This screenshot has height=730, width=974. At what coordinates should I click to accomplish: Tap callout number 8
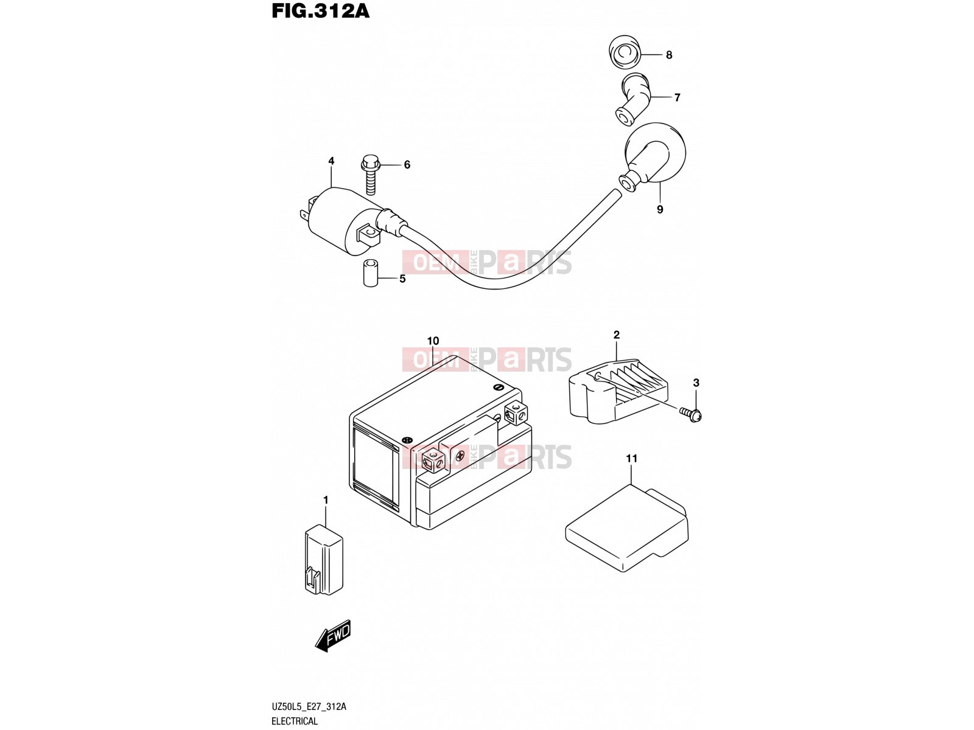click(x=669, y=55)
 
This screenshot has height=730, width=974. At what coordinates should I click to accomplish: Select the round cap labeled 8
click(x=625, y=52)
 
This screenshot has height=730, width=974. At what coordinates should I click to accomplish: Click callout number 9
click(x=660, y=209)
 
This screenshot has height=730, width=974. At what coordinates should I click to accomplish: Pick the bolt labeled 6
click(x=371, y=175)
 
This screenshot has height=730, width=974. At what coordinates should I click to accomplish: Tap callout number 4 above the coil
click(x=331, y=161)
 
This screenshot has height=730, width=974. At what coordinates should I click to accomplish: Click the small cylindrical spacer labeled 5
click(x=371, y=273)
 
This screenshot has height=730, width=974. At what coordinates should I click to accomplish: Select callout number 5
click(x=402, y=279)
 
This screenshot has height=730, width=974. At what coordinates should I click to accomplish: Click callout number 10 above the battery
click(x=433, y=341)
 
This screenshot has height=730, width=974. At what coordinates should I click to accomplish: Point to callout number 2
click(x=616, y=335)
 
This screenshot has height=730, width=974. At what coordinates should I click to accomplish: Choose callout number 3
click(x=696, y=383)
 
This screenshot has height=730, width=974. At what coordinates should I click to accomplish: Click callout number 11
click(x=631, y=458)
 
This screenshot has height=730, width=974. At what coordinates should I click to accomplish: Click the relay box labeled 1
click(x=324, y=559)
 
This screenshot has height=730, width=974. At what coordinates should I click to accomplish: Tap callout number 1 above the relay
click(x=326, y=500)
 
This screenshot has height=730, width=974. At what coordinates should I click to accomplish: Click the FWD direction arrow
click(x=333, y=636)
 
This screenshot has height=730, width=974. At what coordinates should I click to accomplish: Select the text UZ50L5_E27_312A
click(x=309, y=706)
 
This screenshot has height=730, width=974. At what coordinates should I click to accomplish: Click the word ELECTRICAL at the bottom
click(x=295, y=721)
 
